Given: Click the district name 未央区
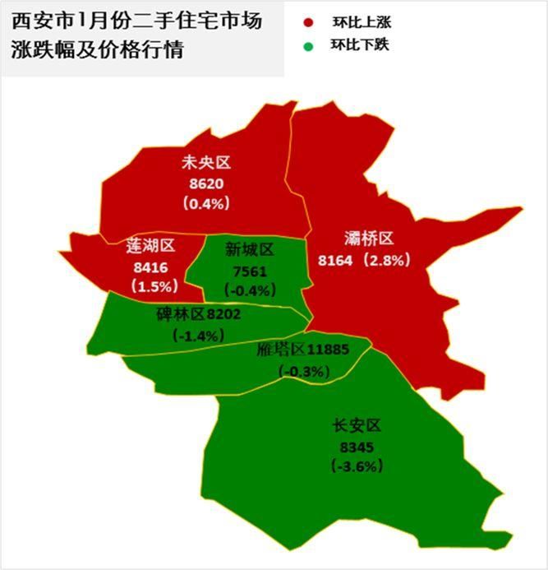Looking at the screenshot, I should pyautogui.click(x=206, y=162).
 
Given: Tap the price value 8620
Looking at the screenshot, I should pyautogui.click(x=206, y=183).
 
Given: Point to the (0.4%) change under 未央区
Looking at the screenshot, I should pyautogui.click(x=206, y=202).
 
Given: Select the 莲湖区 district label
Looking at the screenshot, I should pyautogui.click(x=151, y=245).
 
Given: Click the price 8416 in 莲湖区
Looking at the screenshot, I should pyautogui.click(x=149, y=266).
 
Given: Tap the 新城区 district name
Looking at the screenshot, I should pyautogui.click(x=250, y=249).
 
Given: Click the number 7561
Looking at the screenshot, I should pyautogui.click(x=250, y=270).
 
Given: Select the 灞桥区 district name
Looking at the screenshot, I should pyautogui.click(x=369, y=239).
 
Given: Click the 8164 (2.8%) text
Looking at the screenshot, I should pyautogui.click(x=363, y=260).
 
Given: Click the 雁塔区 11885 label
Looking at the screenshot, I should pyautogui.click(x=302, y=350).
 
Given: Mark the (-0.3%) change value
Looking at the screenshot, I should pyautogui.click(x=305, y=371).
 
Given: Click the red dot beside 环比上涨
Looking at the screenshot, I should pyautogui.click(x=308, y=23).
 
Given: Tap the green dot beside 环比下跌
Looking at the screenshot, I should pyautogui.click(x=308, y=45).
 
